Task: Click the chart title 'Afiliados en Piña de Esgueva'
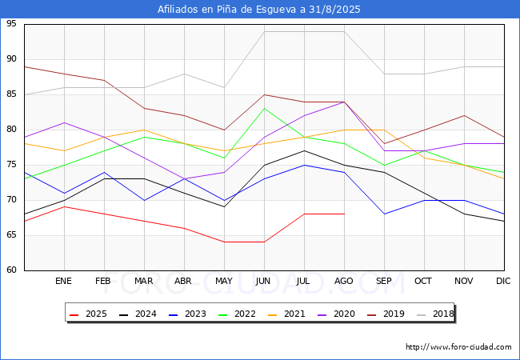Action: (x=259, y=10)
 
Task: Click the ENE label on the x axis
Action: (x=64, y=282)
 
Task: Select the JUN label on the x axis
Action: (x=264, y=282)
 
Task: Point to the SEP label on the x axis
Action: (x=384, y=282)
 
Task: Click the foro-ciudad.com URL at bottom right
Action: (x=458, y=347)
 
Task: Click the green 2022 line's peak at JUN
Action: (x=264, y=108)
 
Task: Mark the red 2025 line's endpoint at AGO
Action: (x=344, y=214)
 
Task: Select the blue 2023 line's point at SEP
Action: (x=384, y=214)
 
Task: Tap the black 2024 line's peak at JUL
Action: (x=304, y=150)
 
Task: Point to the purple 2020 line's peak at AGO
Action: (x=344, y=102)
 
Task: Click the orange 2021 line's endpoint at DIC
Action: (x=504, y=178)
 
